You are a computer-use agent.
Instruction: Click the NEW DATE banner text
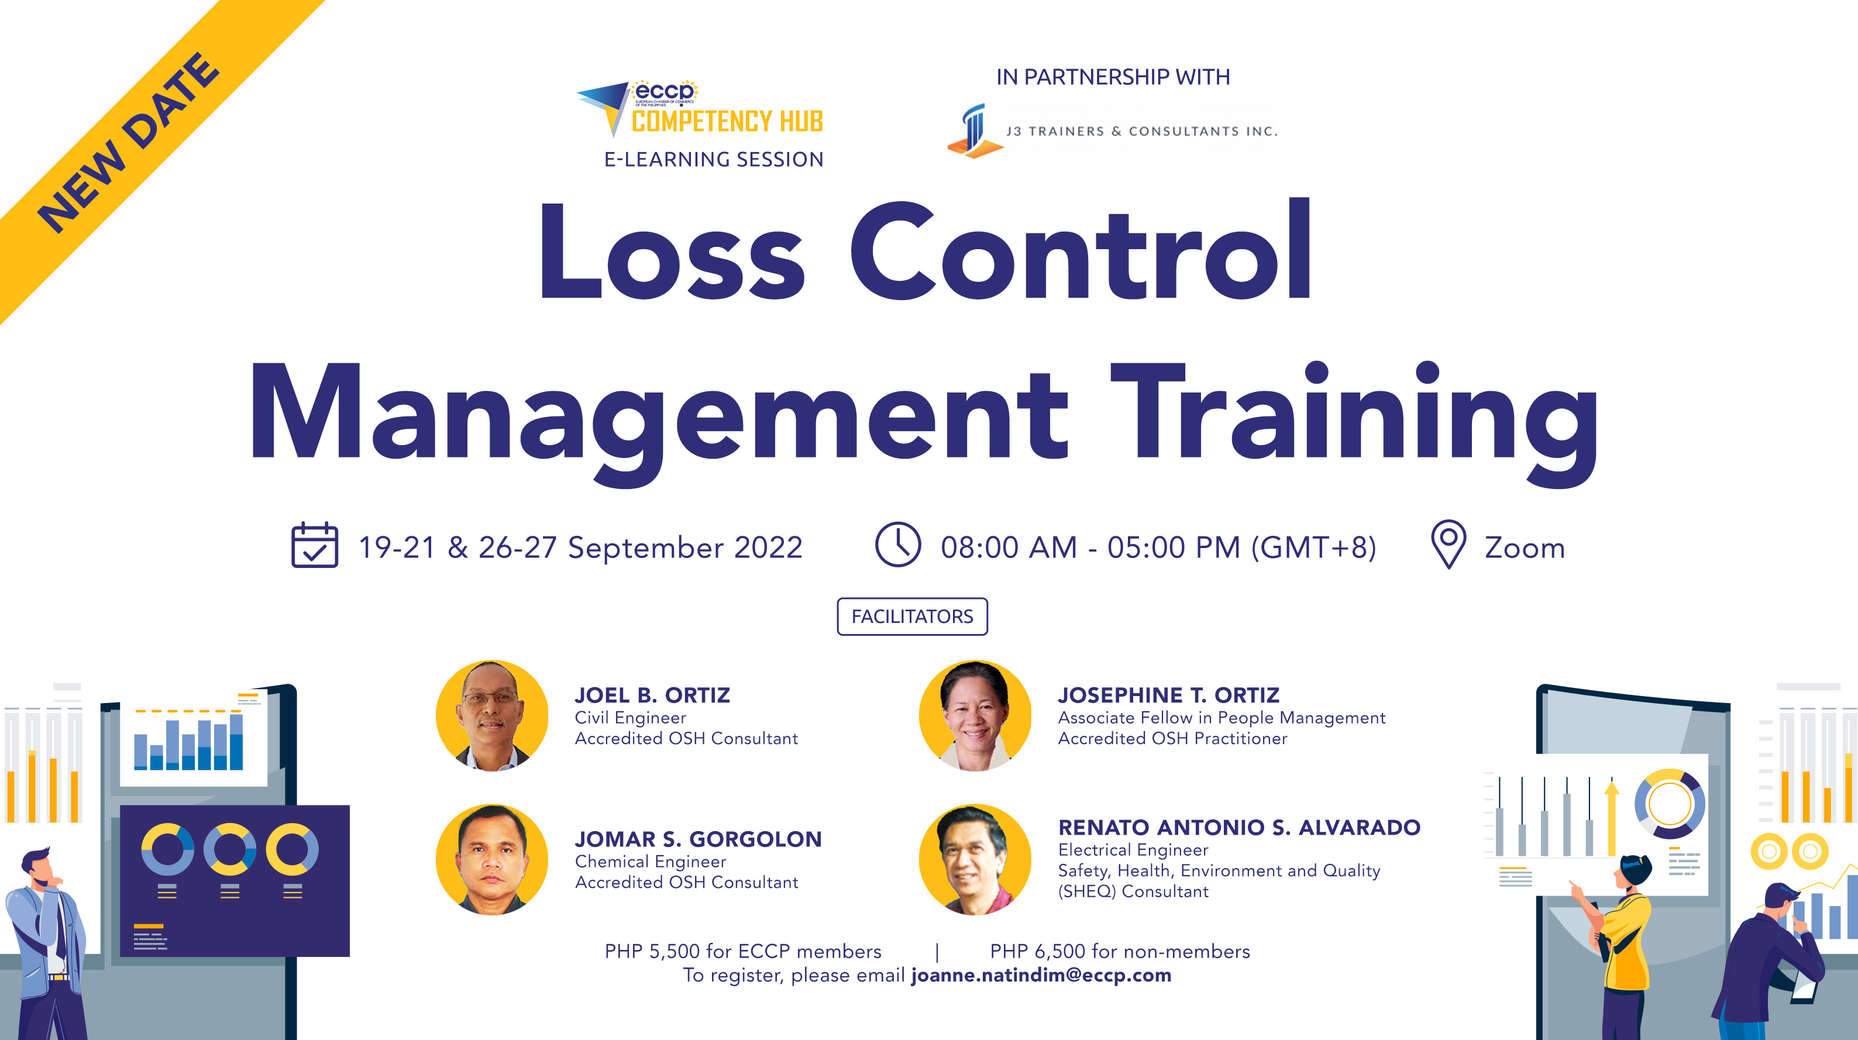128,143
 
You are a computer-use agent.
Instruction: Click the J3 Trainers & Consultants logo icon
973,130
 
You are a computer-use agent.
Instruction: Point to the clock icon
897,545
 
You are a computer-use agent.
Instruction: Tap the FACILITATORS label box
911,617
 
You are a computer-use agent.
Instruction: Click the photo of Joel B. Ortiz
492,715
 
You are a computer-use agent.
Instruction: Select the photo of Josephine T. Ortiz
975,715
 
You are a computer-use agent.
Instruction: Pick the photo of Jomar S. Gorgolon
492,860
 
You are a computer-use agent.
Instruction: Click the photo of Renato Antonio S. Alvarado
975,860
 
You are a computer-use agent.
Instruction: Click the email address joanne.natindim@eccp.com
1041,975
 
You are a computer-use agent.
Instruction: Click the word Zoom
1524,548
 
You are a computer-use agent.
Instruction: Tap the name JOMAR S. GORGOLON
697,839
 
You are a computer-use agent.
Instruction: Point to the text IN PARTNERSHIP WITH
1112,77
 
